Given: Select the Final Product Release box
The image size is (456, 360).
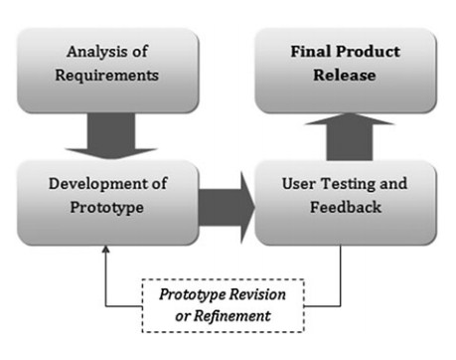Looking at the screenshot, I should coord(345,67).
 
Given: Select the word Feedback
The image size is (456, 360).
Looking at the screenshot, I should coord(345,208).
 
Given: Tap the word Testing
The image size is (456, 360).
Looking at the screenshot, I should coord(351,185).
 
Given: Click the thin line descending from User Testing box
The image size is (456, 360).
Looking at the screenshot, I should coord(341,273).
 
